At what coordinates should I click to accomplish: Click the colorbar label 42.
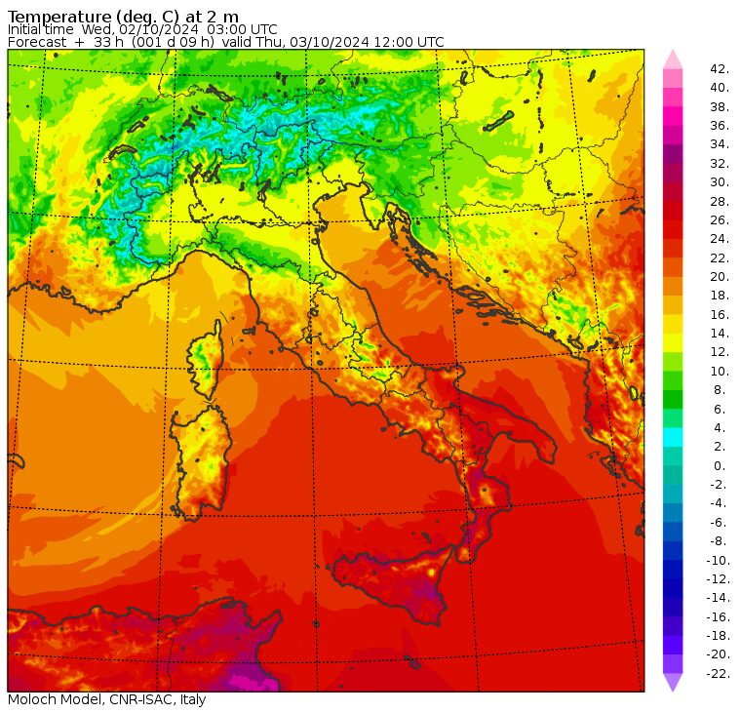tap(720, 68)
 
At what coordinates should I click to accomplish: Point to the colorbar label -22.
tap(719, 673)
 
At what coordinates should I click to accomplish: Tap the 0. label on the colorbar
tap(720, 465)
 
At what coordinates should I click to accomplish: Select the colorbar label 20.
tap(720, 276)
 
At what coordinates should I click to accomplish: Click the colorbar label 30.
tap(720, 181)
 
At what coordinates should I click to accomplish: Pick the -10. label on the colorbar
tap(719, 560)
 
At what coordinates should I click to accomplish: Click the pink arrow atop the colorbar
tap(673, 59)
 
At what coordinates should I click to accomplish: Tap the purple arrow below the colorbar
tap(673, 682)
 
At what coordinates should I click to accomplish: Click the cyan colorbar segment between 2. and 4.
tap(673, 437)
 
